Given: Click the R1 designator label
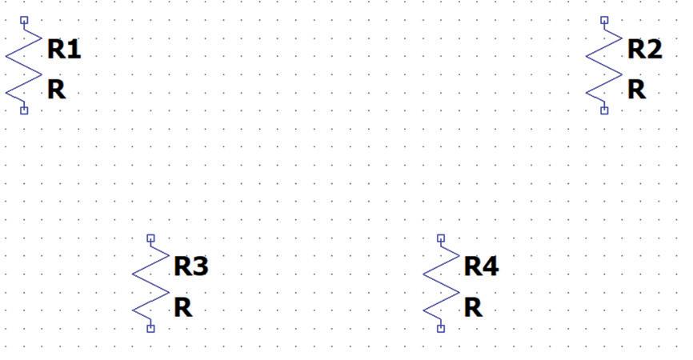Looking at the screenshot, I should click(64, 50).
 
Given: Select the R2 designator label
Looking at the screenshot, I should click(644, 50).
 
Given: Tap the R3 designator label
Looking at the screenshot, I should click(190, 266).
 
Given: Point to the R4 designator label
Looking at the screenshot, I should click(481, 266).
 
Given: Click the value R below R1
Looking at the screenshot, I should click(56, 90).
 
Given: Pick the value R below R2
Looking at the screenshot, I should click(636, 90).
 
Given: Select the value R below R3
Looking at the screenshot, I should click(182, 307).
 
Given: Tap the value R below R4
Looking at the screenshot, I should click(473, 307).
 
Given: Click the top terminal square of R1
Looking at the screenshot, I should click(24, 19).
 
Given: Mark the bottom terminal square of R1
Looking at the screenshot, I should click(24, 110).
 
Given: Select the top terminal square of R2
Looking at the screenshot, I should click(604, 19).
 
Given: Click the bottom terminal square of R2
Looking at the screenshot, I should click(604, 110).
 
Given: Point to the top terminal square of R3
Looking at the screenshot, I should click(150, 238).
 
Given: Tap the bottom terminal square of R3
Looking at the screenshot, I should click(150, 328).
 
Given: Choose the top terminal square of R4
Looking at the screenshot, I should click(441, 238).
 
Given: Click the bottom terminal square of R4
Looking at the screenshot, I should click(441, 328).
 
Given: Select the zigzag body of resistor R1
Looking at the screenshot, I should click(23, 65).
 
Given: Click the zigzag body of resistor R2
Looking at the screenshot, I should click(603, 65).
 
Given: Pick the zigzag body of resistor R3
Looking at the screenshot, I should click(150, 283).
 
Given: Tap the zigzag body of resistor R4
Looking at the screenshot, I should click(440, 283).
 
